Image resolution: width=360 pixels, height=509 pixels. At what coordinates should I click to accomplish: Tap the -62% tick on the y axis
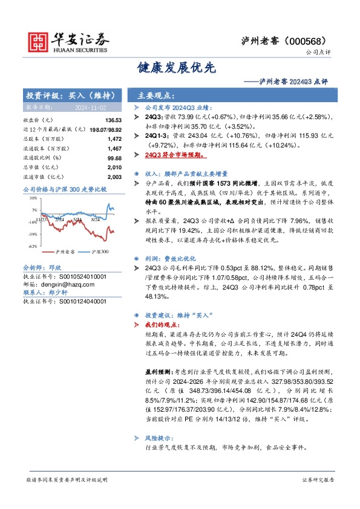tap(32, 247)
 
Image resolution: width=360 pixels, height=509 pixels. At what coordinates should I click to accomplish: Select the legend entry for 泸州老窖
tap(62, 251)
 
